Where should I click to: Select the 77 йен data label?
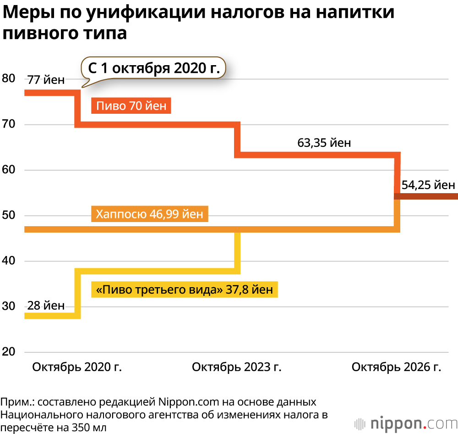pyautogui.click(x=46, y=80)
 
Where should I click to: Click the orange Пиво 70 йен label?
pyautogui.click(x=131, y=106)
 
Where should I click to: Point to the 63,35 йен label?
pyautogui.click(x=324, y=142)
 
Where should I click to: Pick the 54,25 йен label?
pyautogui.click(x=428, y=185)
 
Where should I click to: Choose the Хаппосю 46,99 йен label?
pyautogui.click(x=150, y=214)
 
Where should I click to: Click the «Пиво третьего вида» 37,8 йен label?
pyautogui.click(x=185, y=289)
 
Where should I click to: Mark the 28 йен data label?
pyautogui.click(x=46, y=306)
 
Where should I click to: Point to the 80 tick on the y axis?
pyautogui.click(x=8, y=78)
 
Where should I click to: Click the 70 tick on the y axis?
pyautogui.click(x=8, y=124)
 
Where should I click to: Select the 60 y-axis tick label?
pyautogui.click(x=8, y=170)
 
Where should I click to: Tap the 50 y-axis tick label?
pyautogui.click(x=8, y=215)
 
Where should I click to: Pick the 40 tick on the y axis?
pyautogui.click(x=8, y=261)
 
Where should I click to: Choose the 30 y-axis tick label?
pyautogui.click(x=8, y=306)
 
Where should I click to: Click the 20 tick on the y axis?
pyautogui.click(x=8, y=352)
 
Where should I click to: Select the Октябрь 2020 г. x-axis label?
pyautogui.click(x=77, y=367)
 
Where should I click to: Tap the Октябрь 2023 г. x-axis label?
pyautogui.click(x=236, y=367)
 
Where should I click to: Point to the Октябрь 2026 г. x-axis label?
pyautogui.click(x=396, y=367)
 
